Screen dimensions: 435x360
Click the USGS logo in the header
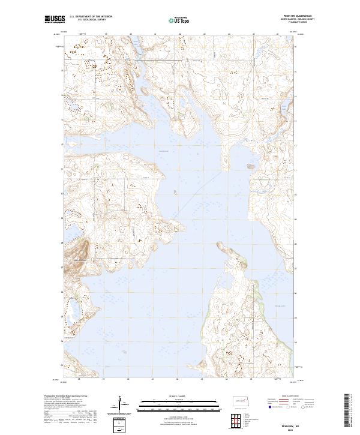click(54, 19)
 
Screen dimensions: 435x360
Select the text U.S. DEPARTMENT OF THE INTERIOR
click(91, 17)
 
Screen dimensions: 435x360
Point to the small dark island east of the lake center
click(249, 166)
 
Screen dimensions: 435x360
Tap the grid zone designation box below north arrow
click(120, 427)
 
